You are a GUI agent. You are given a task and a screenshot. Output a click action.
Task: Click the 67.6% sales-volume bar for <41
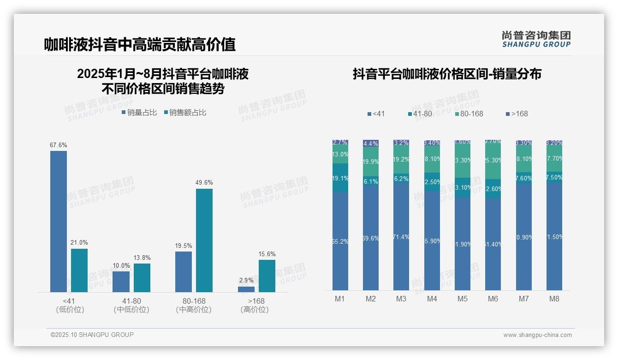[x=59, y=222]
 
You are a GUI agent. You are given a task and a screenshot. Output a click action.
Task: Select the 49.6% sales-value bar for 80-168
[x=204, y=240]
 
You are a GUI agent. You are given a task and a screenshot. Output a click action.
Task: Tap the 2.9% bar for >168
[x=246, y=289]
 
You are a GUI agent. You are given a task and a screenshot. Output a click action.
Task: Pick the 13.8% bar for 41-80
[x=142, y=277]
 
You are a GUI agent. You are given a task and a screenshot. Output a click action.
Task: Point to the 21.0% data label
[x=79, y=243]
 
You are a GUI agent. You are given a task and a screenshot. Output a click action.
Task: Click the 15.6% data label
[x=267, y=254]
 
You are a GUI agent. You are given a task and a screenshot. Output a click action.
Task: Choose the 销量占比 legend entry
[x=139, y=112]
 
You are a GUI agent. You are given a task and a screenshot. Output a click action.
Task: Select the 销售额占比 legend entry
[x=185, y=112]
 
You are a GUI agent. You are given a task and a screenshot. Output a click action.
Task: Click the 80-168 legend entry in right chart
[x=469, y=114]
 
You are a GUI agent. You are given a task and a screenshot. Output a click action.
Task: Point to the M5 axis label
[x=463, y=299]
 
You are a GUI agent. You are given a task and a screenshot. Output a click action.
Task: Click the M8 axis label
[x=554, y=299]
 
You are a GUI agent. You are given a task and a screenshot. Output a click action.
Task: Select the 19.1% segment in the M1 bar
[x=340, y=178]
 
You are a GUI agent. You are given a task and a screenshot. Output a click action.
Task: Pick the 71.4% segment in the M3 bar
[x=401, y=236]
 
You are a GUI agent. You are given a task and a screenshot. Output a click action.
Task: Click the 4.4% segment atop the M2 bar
[x=371, y=143]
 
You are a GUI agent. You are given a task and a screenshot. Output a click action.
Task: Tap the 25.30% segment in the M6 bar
[x=493, y=161]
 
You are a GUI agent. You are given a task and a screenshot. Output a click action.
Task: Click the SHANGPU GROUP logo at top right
[x=536, y=39]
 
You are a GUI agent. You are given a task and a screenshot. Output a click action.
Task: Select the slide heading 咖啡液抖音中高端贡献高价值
[x=140, y=44]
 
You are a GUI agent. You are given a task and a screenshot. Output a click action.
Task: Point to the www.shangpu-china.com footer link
[x=537, y=335]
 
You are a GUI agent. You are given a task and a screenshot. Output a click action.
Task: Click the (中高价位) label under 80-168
[x=194, y=310]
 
